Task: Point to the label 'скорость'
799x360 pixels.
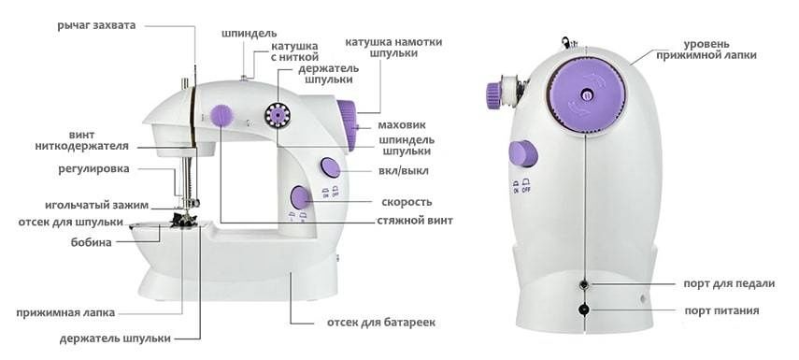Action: tap(407, 202)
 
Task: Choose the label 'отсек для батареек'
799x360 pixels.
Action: tap(380, 323)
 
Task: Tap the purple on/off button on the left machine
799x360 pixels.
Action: tap(330, 168)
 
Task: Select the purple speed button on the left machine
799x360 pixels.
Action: tap(301, 197)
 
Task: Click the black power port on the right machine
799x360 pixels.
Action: tap(585, 309)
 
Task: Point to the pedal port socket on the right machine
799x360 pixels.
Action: tap(585, 284)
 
